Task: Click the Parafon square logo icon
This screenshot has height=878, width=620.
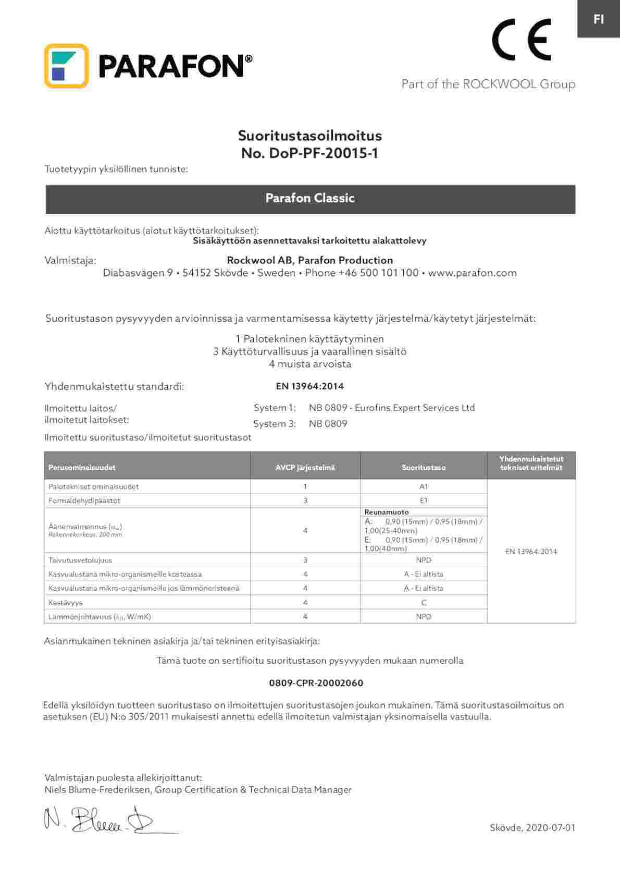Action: [x=66, y=66]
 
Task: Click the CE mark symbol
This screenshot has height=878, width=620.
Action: [x=521, y=40]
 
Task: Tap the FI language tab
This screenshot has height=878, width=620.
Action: [x=599, y=19]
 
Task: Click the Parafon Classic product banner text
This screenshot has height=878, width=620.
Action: [x=310, y=198]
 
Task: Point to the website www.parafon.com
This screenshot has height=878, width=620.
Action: [x=472, y=273]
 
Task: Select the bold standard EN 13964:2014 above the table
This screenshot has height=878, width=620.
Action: [x=309, y=386]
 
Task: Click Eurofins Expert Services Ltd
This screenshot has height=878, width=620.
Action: [x=415, y=408]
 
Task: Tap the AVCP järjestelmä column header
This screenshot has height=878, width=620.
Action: [x=305, y=468]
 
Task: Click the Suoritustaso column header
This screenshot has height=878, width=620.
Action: [x=424, y=468]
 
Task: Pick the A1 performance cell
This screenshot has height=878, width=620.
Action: [x=424, y=486]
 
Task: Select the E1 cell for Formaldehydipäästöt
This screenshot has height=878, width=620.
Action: [x=424, y=501]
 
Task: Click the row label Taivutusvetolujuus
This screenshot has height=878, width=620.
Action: [x=80, y=560]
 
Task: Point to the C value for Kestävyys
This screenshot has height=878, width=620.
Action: [x=424, y=602]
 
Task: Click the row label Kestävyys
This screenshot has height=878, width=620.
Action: [x=66, y=602]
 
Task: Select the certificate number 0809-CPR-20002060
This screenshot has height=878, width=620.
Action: [x=316, y=683]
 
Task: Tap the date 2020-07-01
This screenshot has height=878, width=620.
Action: [x=551, y=827]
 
